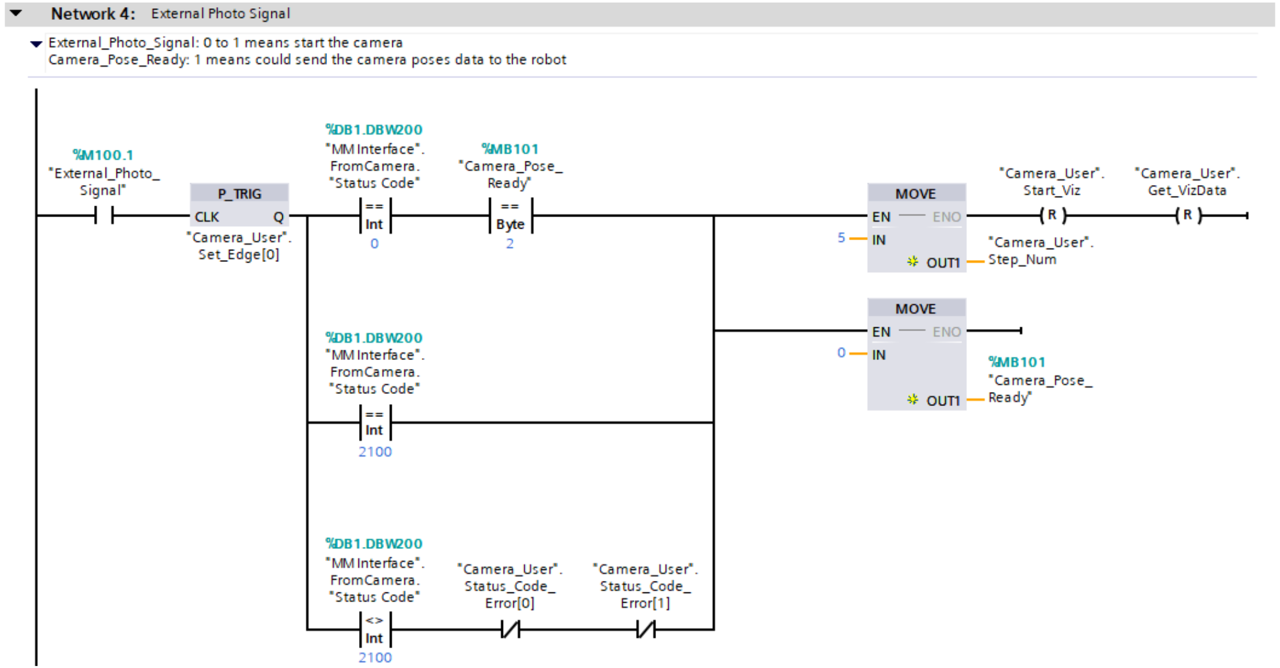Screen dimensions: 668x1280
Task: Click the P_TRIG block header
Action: (x=239, y=193)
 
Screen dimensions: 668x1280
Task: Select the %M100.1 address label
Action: (x=103, y=155)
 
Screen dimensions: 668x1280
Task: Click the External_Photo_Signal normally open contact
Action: (x=104, y=216)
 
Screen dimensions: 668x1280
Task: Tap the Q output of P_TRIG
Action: (x=278, y=217)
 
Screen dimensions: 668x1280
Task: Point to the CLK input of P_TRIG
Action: (x=207, y=217)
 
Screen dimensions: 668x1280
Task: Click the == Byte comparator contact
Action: (x=510, y=216)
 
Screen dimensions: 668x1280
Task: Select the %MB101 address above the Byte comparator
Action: (x=510, y=149)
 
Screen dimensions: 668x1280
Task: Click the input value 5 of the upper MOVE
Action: (x=841, y=238)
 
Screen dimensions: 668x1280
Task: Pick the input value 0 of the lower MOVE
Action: (x=841, y=353)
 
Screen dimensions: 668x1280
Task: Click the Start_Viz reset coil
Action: (x=1052, y=216)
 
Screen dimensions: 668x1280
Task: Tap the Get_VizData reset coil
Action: (x=1187, y=216)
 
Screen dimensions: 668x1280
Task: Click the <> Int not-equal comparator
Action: (x=374, y=630)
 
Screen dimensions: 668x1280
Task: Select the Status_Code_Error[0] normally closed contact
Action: (x=510, y=630)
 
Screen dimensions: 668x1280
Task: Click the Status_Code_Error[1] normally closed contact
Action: (x=646, y=630)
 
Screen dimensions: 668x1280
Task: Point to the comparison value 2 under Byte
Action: (x=509, y=244)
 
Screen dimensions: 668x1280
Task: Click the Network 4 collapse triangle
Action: (x=16, y=13)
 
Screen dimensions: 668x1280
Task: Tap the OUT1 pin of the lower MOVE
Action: (x=943, y=400)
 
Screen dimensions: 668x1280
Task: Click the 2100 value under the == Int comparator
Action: (x=375, y=452)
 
